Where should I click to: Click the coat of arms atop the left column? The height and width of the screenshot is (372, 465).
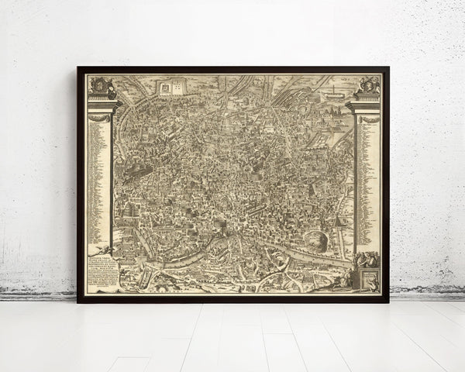pos(101,84)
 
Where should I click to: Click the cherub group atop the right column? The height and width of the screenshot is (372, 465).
pos(367,84)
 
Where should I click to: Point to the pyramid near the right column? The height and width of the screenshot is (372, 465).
pos(339,222)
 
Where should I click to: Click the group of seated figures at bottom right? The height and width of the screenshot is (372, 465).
pos(367,260)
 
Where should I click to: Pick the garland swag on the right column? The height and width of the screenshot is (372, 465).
pos(367,119)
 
